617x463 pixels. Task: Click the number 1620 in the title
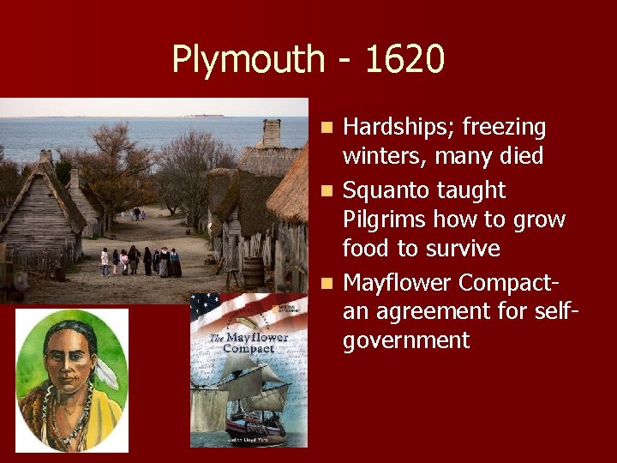(404, 60)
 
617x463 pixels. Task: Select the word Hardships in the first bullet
(398, 128)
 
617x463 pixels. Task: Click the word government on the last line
(406, 341)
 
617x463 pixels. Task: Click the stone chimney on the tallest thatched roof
(272, 133)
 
